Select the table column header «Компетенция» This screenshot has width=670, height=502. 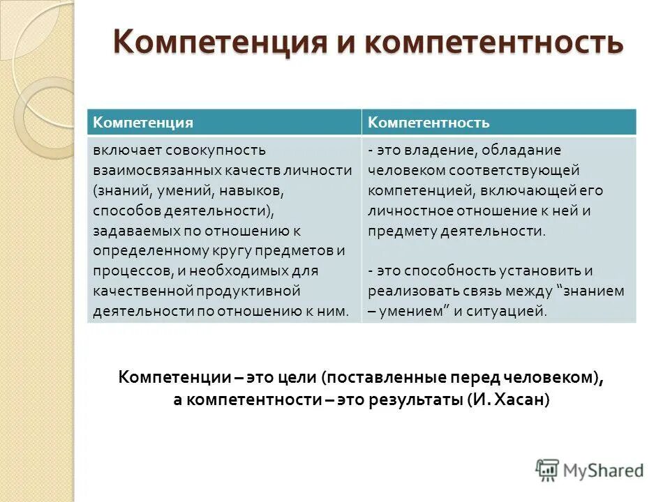143,122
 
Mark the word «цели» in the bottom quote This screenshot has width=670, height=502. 299,377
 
